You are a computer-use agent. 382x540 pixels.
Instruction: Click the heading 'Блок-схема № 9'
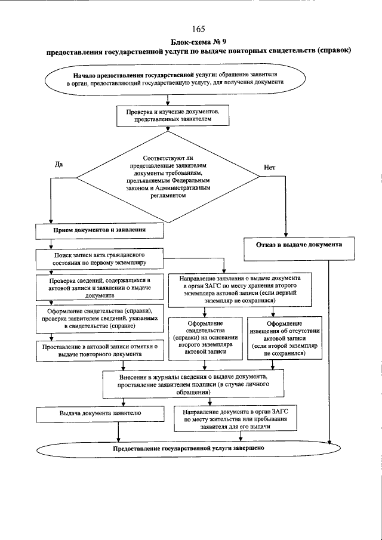tap(199, 41)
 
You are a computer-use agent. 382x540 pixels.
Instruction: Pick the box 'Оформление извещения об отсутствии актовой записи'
tap(280, 337)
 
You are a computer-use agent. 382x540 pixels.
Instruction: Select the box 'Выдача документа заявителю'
tap(100, 413)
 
